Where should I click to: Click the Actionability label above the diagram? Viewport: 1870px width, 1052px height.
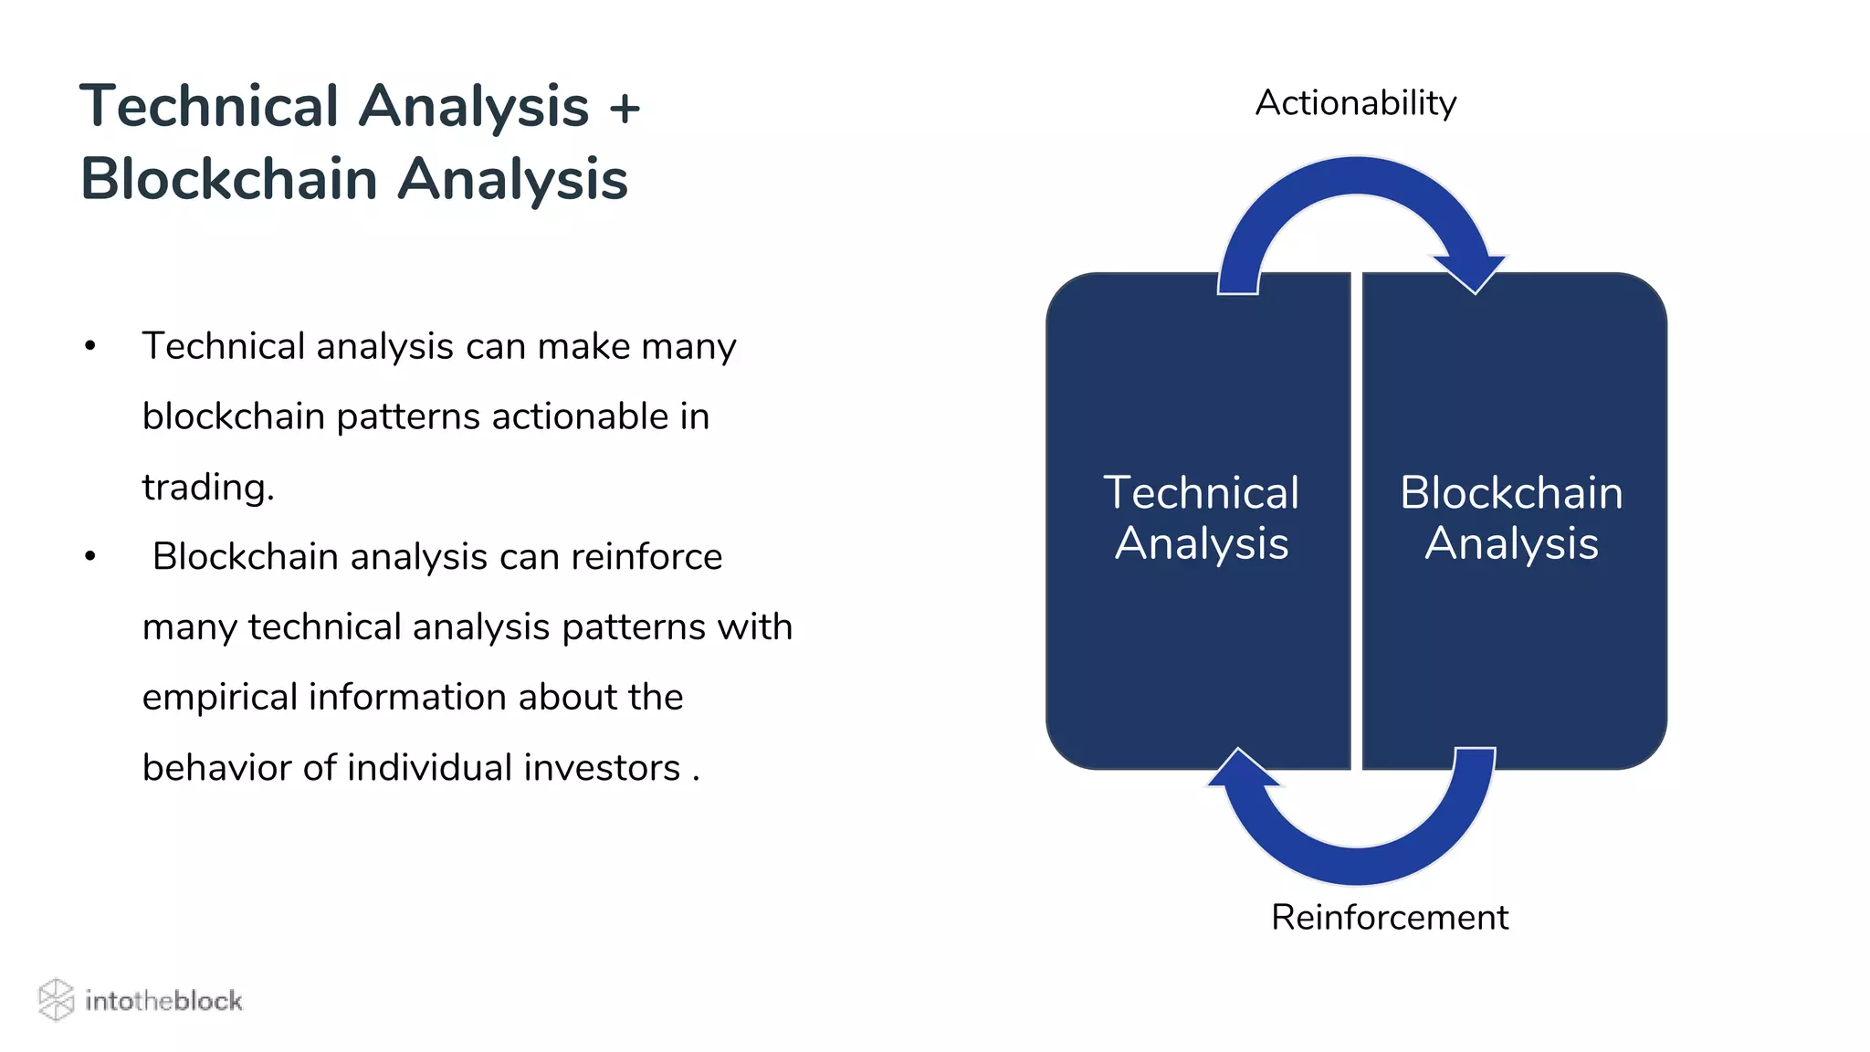click(1355, 103)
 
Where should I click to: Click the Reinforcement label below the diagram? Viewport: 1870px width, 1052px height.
click(1389, 917)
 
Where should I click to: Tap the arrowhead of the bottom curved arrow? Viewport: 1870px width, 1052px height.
click(1243, 770)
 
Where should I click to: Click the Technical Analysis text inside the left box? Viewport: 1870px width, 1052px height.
click(1201, 518)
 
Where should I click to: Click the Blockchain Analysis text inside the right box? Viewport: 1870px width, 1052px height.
click(1511, 518)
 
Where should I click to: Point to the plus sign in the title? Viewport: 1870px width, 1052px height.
click(625, 108)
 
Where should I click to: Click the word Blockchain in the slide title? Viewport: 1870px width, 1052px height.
click(228, 179)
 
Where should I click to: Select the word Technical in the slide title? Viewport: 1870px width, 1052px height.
click(209, 106)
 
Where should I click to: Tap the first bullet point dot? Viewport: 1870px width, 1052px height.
click(89, 347)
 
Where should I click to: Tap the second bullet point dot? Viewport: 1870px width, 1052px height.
click(89, 557)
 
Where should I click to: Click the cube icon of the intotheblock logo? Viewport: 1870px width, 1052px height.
click(56, 1000)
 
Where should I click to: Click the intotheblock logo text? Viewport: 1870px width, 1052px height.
click(163, 1001)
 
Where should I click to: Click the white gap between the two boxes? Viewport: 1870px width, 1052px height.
click(1356, 521)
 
